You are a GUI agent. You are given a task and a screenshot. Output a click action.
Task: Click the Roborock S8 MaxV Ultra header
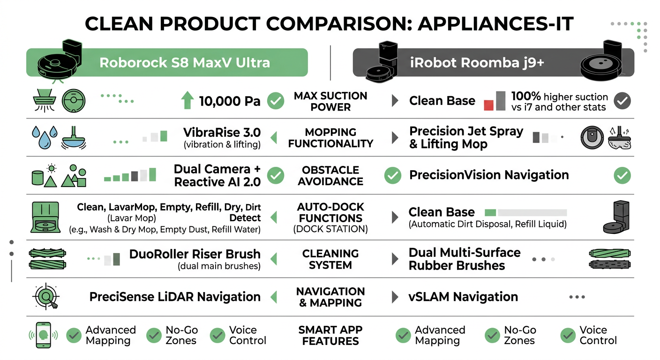[x=185, y=62]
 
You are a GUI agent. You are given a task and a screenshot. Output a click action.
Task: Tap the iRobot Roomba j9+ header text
[x=477, y=62]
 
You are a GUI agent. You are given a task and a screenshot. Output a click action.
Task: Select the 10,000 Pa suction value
[x=230, y=101]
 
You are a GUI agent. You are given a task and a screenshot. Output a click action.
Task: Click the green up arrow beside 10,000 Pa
[x=187, y=100]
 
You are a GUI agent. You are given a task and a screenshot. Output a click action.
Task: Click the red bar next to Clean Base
[x=488, y=105]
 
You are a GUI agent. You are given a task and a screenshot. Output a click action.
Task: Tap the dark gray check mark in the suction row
[x=622, y=100]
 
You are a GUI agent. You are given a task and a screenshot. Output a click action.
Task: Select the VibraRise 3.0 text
[x=222, y=132]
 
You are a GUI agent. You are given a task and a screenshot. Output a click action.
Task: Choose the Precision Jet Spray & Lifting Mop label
[x=466, y=137]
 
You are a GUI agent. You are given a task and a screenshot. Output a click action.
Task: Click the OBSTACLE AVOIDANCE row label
[x=330, y=175]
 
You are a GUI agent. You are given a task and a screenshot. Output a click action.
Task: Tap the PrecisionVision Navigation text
[x=489, y=175]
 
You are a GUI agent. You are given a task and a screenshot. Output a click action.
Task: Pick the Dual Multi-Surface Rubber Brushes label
[x=464, y=259]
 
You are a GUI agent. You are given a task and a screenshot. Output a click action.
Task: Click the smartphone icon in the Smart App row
[x=44, y=335]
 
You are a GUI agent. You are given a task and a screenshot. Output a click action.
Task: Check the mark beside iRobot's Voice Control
[x=568, y=335]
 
